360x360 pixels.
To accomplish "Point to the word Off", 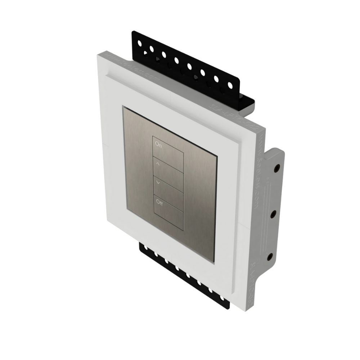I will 159,202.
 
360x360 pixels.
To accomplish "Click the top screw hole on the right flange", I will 276,168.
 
